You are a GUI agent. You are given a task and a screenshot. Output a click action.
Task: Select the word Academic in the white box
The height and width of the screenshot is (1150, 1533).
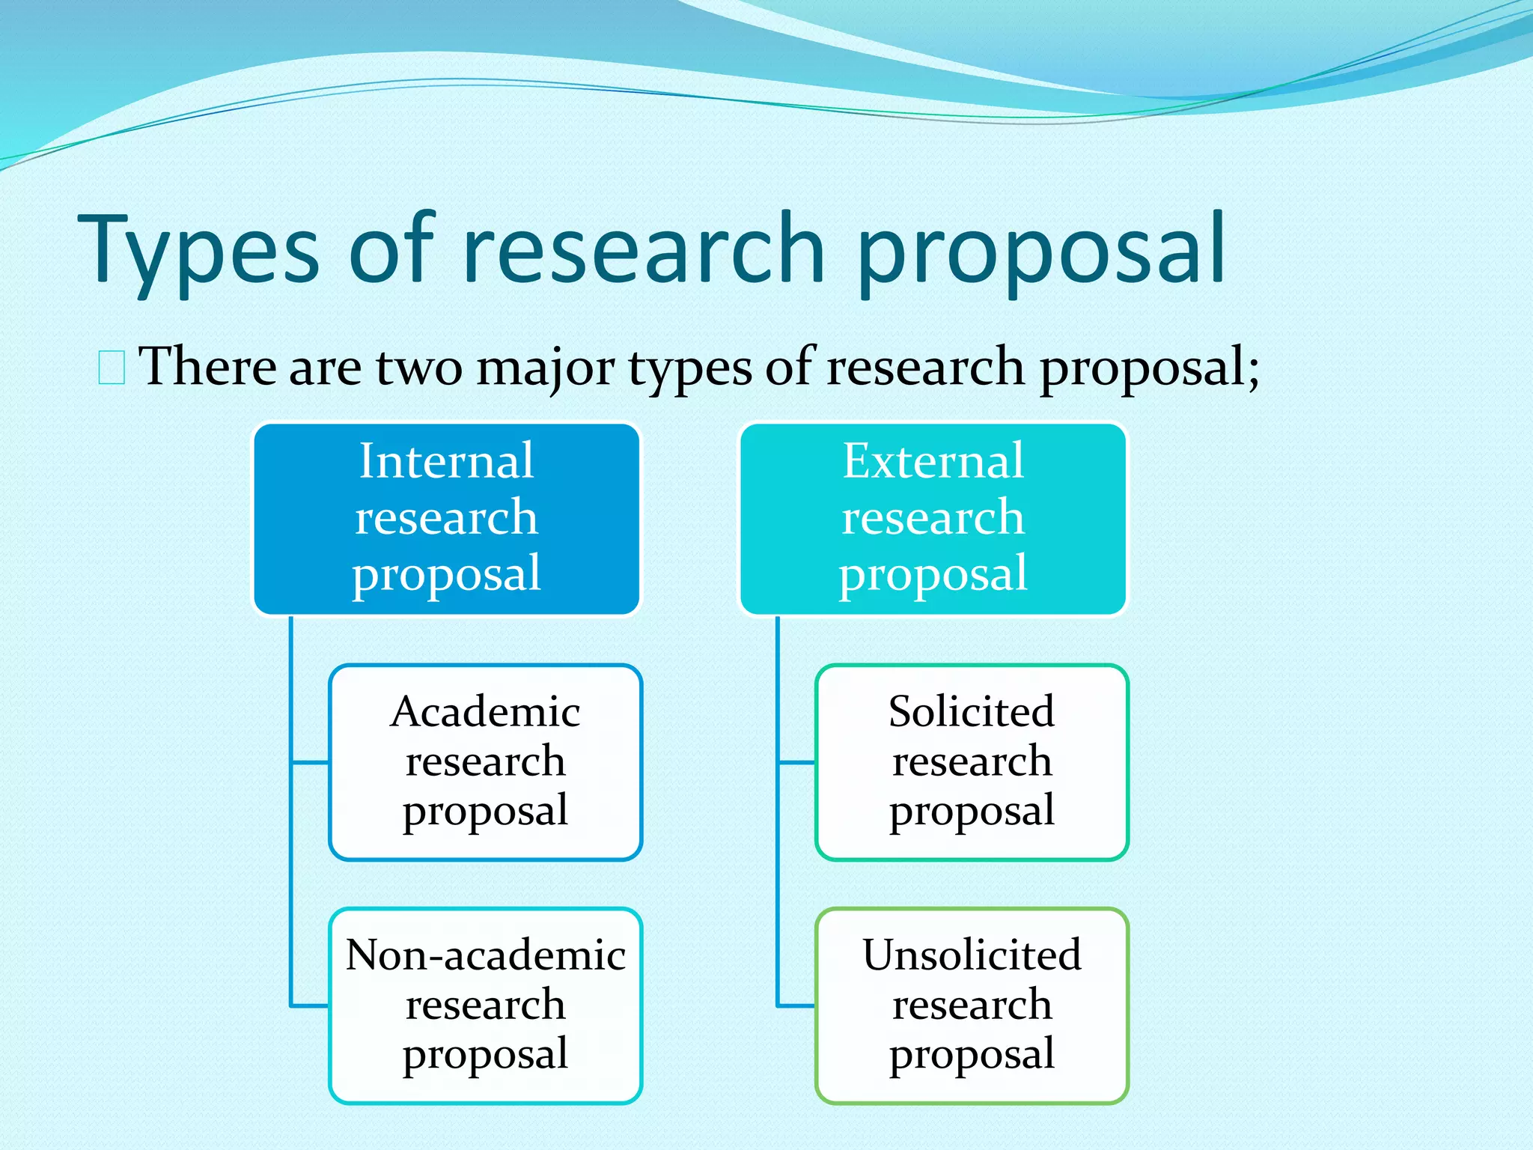pyautogui.click(x=485, y=711)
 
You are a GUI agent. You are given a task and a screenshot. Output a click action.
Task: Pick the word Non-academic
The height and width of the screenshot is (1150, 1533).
pyautogui.click(x=485, y=955)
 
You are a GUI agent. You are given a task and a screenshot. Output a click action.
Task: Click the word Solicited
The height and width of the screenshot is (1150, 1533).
pyautogui.click(x=972, y=711)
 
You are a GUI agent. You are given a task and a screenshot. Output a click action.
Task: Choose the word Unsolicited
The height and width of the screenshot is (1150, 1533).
pyautogui.click(x=972, y=955)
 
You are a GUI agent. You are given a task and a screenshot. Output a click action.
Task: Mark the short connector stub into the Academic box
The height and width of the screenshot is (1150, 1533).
pyautogui.click(x=310, y=762)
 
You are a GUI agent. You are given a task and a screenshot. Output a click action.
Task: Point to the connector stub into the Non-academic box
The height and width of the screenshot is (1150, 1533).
pyautogui.click(x=310, y=1006)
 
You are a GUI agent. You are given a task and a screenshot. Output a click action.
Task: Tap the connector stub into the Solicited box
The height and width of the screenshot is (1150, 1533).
pyautogui.click(x=796, y=762)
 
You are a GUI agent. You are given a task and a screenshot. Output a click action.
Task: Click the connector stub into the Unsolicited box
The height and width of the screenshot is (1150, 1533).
pyautogui.click(x=796, y=1006)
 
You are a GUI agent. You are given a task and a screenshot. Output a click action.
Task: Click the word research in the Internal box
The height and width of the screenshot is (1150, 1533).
pyautogui.click(x=446, y=517)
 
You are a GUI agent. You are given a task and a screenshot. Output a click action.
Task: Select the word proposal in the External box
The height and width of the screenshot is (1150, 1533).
pyautogui.click(x=933, y=574)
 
